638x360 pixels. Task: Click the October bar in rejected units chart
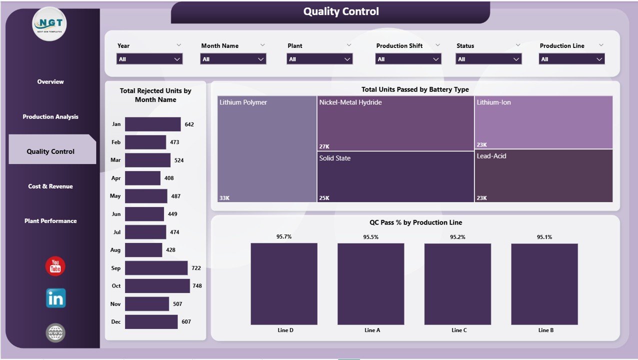click(x=157, y=286)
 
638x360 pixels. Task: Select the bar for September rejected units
click(x=156, y=268)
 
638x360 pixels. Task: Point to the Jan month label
click(x=116, y=124)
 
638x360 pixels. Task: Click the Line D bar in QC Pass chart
click(x=283, y=283)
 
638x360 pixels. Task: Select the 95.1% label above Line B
click(x=544, y=237)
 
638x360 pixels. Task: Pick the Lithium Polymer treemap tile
click(x=267, y=149)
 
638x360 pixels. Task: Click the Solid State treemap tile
click(x=395, y=176)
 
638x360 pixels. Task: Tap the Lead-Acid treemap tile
click(x=543, y=175)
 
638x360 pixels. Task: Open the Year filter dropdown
click(x=149, y=59)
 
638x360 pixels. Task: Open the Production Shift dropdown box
click(x=408, y=59)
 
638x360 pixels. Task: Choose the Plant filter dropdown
click(x=319, y=59)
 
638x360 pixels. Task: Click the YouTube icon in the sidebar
click(x=55, y=266)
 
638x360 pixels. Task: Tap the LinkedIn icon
click(x=55, y=298)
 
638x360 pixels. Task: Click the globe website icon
click(x=55, y=332)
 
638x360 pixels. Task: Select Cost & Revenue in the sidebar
click(x=50, y=186)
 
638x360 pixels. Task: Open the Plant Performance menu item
click(x=50, y=220)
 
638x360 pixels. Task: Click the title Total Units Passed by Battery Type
click(x=415, y=89)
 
